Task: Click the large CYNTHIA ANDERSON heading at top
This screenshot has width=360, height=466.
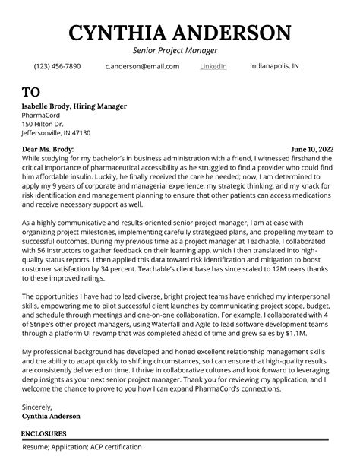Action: point(180,33)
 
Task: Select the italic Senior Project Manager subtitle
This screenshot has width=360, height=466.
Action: point(180,51)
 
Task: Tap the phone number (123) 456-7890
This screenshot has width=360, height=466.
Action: point(57,67)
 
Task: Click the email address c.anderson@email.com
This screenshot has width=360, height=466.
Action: point(142,67)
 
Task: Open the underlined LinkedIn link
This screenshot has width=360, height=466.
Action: point(213,67)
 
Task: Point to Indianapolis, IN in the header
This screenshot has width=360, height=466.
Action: point(274,66)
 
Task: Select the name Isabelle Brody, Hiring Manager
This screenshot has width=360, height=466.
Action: point(74,106)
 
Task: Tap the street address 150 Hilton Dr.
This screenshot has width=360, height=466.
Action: point(43,123)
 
